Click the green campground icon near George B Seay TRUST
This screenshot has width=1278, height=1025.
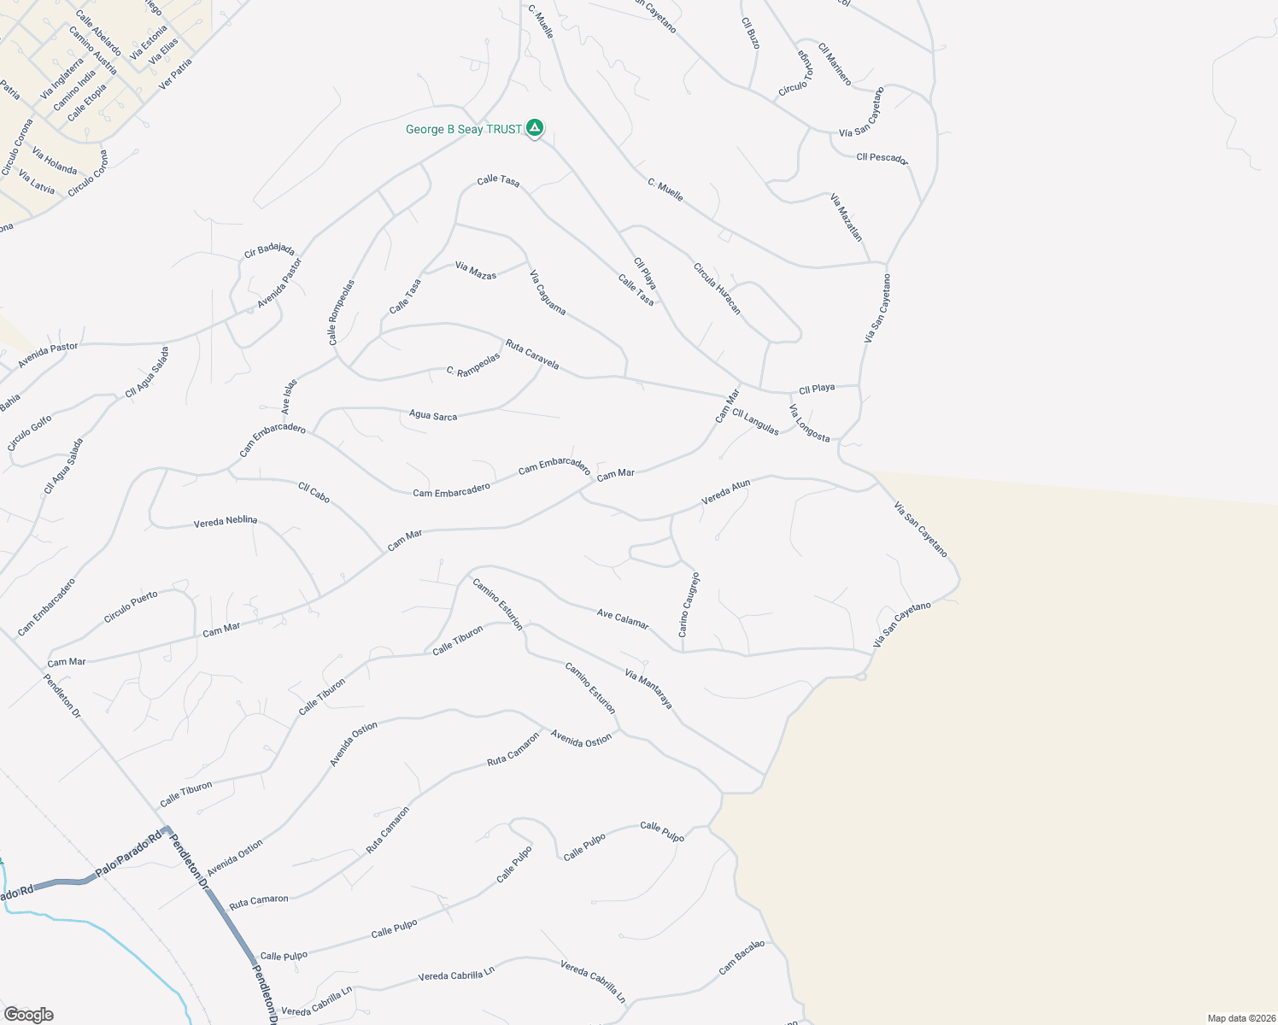click(535, 128)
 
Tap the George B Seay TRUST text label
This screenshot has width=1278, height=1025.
click(464, 130)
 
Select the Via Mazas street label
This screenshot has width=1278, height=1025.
click(476, 272)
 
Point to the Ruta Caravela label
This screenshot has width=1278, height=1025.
click(532, 354)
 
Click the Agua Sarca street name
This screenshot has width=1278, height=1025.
click(433, 416)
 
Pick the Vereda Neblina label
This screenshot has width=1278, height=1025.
click(226, 521)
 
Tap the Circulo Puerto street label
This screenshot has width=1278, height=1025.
click(131, 606)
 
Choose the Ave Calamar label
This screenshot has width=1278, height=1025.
click(623, 619)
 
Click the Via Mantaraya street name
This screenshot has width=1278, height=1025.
click(648, 688)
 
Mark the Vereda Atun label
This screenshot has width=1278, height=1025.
click(726, 491)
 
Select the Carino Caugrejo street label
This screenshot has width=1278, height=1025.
click(689, 605)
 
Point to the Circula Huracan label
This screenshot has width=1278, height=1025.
click(717, 289)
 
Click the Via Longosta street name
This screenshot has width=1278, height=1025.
click(809, 424)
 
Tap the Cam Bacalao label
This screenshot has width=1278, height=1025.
click(742, 957)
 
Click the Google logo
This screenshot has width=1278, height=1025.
click(28, 1015)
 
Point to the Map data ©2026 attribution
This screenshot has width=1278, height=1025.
click(1240, 1018)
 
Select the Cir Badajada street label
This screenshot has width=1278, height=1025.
click(269, 250)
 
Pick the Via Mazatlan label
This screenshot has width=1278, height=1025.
click(847, 217)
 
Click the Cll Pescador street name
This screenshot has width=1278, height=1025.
click(882, 158)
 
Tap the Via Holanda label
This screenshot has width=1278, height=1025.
click(55, 160)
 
